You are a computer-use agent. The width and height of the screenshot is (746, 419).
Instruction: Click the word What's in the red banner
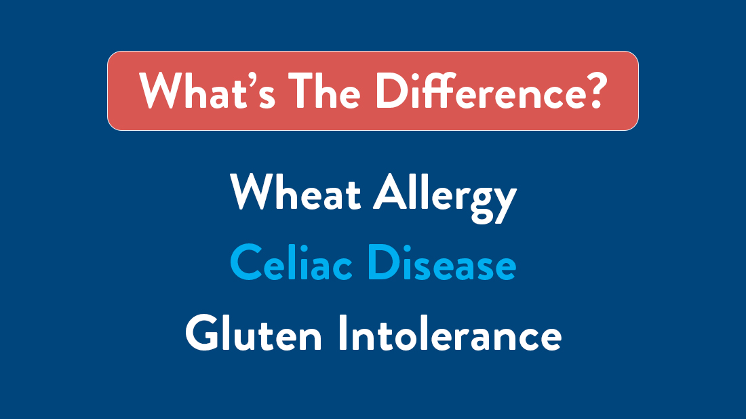pyautogui.click(x=208, y=90)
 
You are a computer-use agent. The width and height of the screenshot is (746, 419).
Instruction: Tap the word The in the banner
pyautogui.click(x=325, y=90)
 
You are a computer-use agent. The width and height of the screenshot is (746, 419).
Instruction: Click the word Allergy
pyautogui.click(x=445, y=195)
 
